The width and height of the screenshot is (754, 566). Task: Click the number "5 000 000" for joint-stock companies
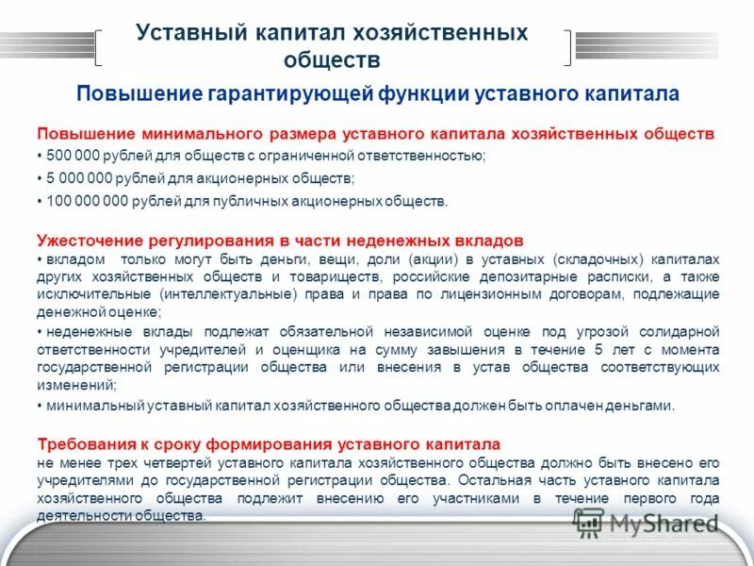(74, 178)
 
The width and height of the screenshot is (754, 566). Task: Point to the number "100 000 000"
(82, 201)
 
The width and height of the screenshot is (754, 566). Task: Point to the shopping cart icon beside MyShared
(589, 521)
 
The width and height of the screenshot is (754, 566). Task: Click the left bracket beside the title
(101, 47)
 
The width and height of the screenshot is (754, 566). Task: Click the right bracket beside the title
(565, 47)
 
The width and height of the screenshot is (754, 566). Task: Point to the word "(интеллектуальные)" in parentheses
(218, 294)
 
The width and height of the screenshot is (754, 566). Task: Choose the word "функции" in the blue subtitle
(418, 94)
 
